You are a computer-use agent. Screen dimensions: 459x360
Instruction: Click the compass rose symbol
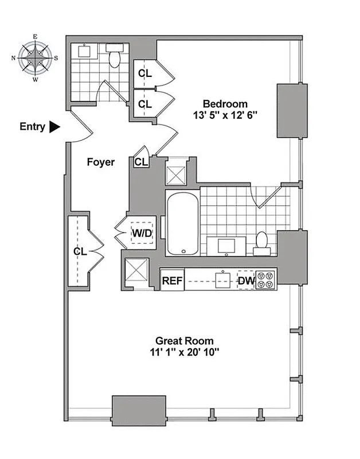point(35,58)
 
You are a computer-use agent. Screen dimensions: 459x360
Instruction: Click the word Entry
point(32,127)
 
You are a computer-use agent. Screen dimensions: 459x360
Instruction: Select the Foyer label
point(100,162)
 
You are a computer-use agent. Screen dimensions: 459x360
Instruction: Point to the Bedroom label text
point(225,104)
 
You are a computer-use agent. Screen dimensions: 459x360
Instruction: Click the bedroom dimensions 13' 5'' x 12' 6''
point(225,115)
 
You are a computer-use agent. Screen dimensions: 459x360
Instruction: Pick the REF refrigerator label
point(171,281)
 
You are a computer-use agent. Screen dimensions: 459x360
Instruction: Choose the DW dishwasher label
point(245,281)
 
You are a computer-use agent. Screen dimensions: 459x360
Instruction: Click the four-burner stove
point(266,279)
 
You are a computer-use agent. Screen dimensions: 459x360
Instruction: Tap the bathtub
point(182,224)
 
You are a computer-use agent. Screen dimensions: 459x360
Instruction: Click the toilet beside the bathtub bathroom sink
point(262,243)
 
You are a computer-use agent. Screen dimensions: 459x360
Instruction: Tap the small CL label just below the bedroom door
point(140,162)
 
